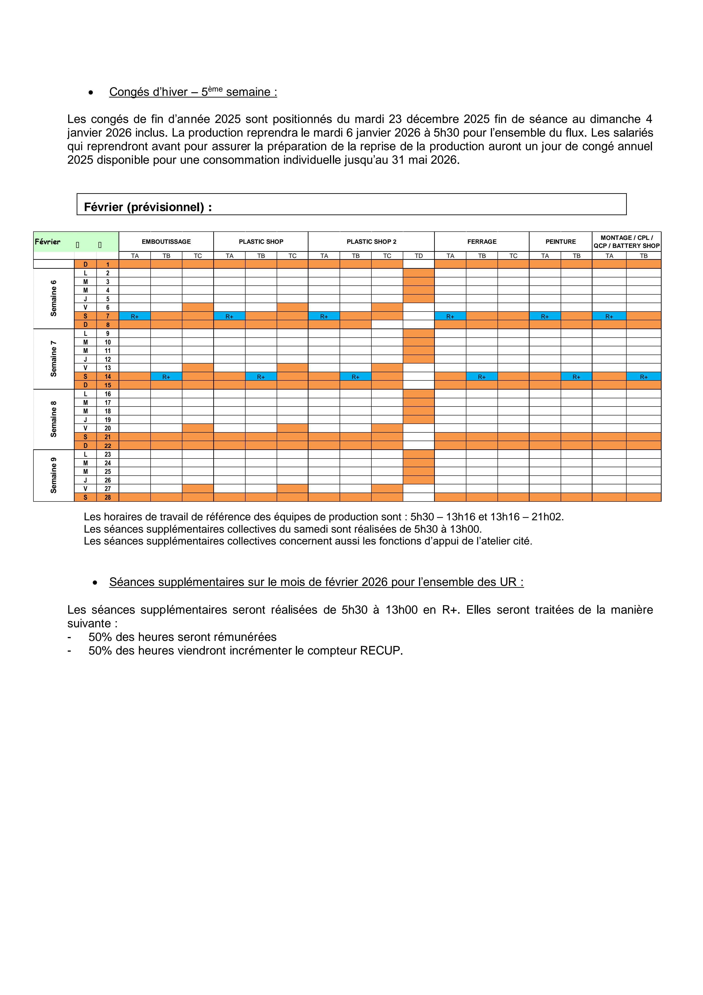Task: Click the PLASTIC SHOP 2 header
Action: [x=371, y=242]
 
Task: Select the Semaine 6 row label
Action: [x=54, y=298]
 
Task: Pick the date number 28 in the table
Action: [x=108, y=498]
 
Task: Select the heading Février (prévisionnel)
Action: [x=148, y=207]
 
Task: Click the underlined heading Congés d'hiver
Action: [x=193, y=92]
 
